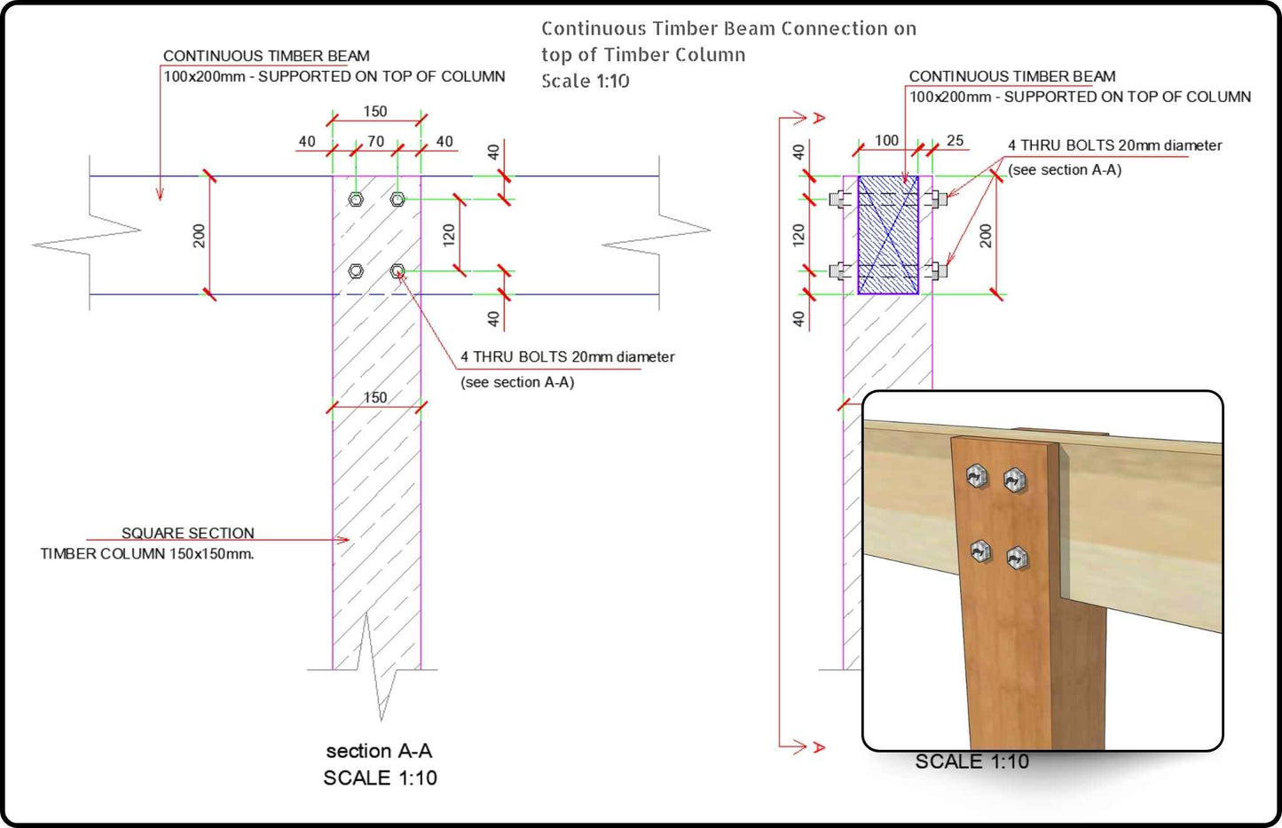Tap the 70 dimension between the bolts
pos(376,141)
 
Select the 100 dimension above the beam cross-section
pos(886,140)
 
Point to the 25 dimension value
pos(955,140)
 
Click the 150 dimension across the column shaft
pos(375,397)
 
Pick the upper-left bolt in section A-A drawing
pos(356,199)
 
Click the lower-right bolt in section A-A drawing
pos(397,271)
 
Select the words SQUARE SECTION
pos(187,533)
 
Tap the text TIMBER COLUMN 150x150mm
pos(147,554)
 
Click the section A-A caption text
pos(379,751)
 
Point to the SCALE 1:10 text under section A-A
pos(380,777)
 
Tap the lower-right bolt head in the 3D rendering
pos(1018,558)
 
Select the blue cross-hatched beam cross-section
pos(888,235)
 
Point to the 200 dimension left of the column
pos(199,235)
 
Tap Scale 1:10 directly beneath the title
pos(586,81)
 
